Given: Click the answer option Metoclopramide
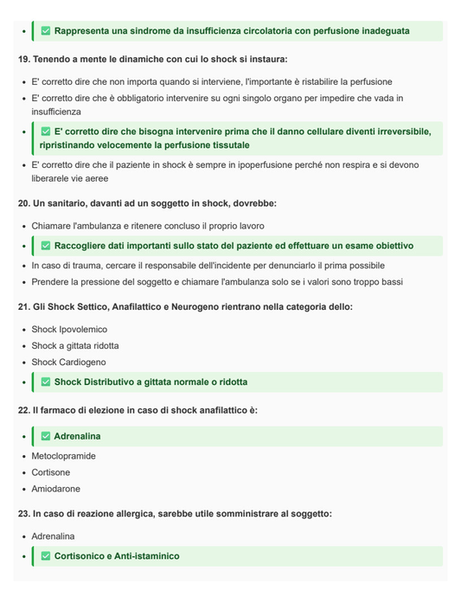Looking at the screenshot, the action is coord(63,456).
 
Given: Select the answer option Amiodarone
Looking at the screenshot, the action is coord(56,489).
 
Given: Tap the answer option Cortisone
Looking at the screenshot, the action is coord(51,472).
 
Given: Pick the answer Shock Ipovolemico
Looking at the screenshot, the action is coord(69,330).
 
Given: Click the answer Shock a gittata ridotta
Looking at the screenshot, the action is coord(75,346).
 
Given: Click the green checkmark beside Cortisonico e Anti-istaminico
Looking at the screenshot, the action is coord(46,556).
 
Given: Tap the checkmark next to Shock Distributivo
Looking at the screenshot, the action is coord(46,382).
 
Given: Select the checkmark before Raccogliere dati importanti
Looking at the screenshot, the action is coord(46,246).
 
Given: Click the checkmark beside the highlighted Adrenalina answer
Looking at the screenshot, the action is coord(46,436).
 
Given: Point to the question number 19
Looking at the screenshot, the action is coord(23,60).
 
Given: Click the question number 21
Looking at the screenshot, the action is coord(23,307).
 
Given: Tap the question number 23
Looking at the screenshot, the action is coord(23,514).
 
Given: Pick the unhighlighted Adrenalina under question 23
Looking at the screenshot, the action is coord(53,536).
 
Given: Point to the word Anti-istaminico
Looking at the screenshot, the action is coord(147,556).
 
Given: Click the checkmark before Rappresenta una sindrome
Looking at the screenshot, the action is coord(46,31).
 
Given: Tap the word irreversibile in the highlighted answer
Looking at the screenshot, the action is coord(390,132).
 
